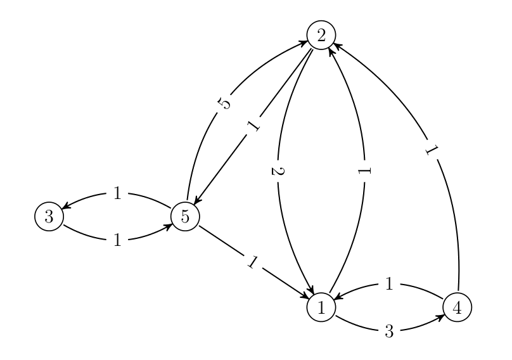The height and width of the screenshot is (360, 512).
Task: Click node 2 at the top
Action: click(x=321, y=35)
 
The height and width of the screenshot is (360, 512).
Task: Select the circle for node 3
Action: click(x=48, y=216)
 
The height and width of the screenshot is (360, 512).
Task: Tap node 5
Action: click(x=185, y=216)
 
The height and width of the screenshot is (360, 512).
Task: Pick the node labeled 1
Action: click(x=321, y=308)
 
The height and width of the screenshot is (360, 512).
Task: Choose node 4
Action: click(x=458, y=308)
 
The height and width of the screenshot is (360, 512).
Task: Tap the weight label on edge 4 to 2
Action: click(x=433, y=151)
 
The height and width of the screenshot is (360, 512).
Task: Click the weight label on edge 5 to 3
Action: click(x=117, y=193)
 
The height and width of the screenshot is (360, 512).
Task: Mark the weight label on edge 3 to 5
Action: click(x=117, y=240)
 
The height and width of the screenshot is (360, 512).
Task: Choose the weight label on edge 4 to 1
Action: click(x=389, y=285)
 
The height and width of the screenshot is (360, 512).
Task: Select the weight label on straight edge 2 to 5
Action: click(x=253, y=125)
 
